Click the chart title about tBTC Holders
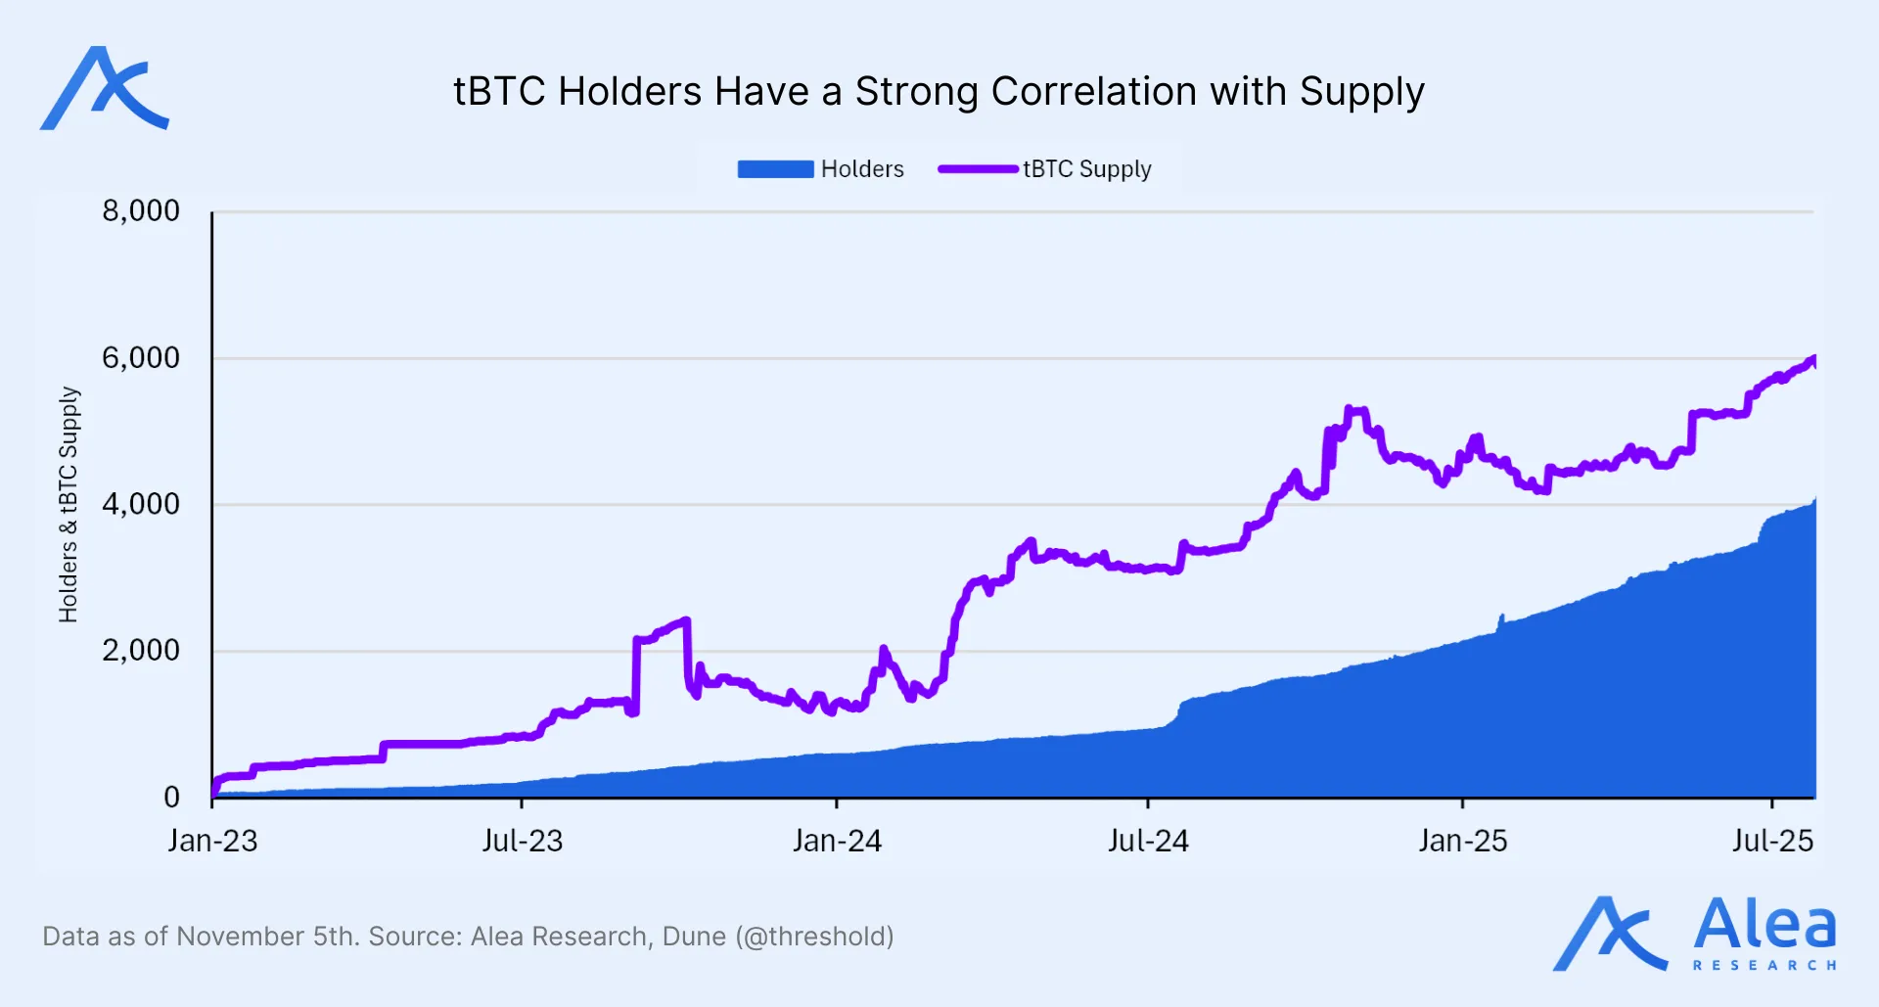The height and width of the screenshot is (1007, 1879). pyautogui.click(x=939, y=92)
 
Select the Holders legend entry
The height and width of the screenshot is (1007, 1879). pyautogui.click(x=821, y=169)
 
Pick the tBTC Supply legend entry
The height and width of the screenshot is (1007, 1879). pyautogui.click(x=1045, y=169)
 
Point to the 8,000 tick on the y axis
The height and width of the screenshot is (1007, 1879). pyautogui.click(x=141, y=210)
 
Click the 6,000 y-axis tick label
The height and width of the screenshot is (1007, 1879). pyautogui.click(x=141, y=357)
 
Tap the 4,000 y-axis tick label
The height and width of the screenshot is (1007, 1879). pyautogui.click(x=141, y=504)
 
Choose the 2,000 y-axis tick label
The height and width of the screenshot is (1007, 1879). pyautogui.click(x=141, y=650)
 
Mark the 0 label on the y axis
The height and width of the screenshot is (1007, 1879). pyautogui.click(x=171, y=797)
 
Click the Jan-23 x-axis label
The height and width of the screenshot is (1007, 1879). pyautogui.click(x=212, y=841)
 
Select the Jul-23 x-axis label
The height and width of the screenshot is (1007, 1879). pyautogui.click(x=522, y=841)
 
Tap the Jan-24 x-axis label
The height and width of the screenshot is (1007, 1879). pyautogui.click(x=837, y=841)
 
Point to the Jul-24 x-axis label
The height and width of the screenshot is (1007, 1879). pyautogui.click(x=1148, y=841)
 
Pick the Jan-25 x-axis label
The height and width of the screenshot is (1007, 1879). pyautogui.click(x=1463, y=841)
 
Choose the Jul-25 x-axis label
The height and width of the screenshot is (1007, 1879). pyautogui.click(x=1772, y=841)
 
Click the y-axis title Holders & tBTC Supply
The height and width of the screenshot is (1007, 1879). pyautogui.click(x=68, y=504)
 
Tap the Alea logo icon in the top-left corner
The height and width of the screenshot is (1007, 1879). pyautogui.click(x=104, y=89)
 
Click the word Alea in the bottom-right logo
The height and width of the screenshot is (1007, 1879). pyautogui.click(x=1764, y=925)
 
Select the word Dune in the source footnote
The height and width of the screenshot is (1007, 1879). pyautogui.click(x=694, y=937)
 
